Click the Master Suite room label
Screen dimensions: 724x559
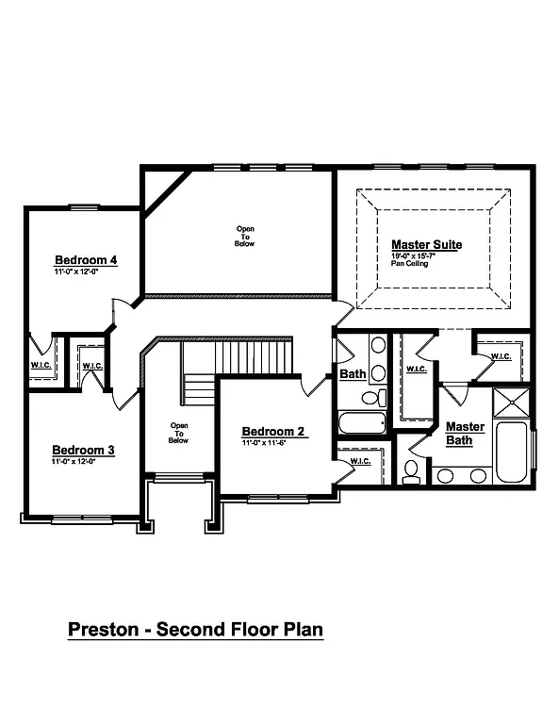(426, 244)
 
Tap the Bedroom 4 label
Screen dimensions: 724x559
(86, 260)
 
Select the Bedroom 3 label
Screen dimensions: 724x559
(83, 451)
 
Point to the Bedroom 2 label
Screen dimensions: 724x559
(273, 432)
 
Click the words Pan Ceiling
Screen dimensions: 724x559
(410, 264)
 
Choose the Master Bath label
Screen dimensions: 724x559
(465, 434)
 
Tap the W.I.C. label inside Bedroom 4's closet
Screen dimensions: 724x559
(41, 365)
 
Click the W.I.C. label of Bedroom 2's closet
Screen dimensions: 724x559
(360, 462)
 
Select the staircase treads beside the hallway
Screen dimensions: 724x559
(249, 358)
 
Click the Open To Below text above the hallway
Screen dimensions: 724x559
(244, 236)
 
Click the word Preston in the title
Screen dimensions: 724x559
(106, 629)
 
